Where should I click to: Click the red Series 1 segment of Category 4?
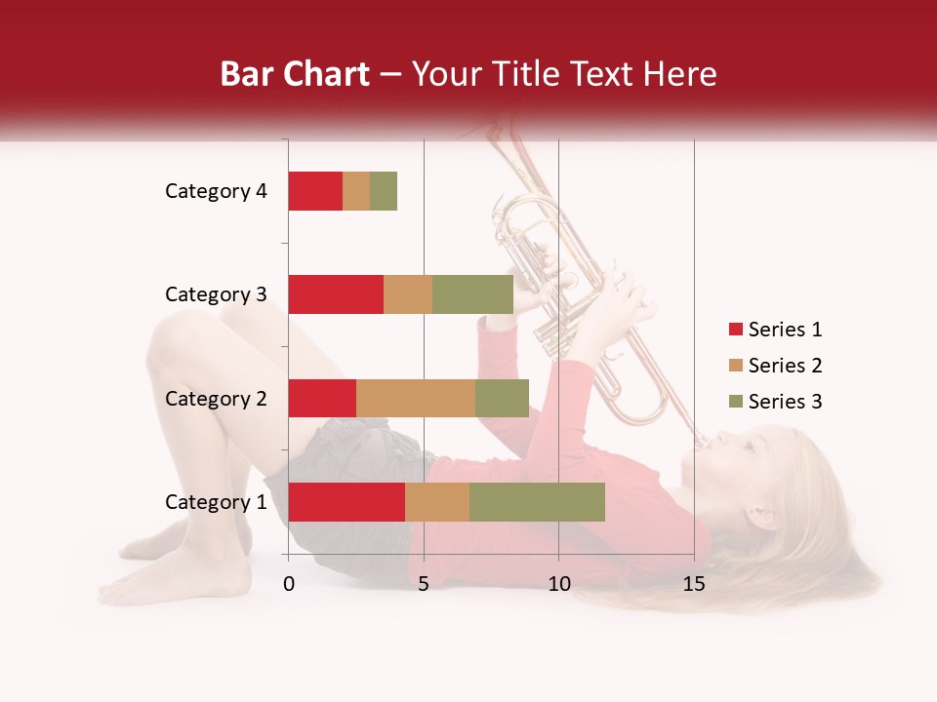coord(315,191)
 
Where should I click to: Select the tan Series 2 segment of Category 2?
coord(416,398)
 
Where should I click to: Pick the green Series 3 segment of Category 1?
coord(537,502)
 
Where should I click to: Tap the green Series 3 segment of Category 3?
coord(472,294)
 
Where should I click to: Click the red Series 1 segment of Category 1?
coord(346,502)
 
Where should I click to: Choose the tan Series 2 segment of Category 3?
coord(408,294)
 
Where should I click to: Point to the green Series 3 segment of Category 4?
coord(384,191)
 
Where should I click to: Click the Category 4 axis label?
coord(216,191)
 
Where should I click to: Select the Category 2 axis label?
coord(216,398)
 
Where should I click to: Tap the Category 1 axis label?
coord(216,502)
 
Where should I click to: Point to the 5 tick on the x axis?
coord(424,584)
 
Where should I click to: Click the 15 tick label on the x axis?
coord(694,584)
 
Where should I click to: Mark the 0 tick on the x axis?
coord(289,584)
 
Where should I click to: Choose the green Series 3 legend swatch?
coord(735,402)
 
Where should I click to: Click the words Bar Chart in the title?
coord(295,73)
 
